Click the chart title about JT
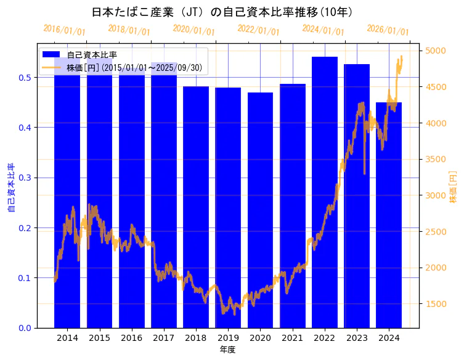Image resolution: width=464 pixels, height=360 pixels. coord(222,12)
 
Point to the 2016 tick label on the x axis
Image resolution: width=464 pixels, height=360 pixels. coord(132,338)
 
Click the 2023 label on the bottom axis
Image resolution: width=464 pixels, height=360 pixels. coord(357,338)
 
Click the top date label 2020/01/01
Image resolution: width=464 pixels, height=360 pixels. coord(193,30)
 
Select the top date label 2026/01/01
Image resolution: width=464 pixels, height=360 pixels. coord(388,30)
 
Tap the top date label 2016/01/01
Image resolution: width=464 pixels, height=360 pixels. coord(64,30)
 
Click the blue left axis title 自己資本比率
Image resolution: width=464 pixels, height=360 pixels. coord(11,187)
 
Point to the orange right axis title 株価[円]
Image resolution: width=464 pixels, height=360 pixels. coord(453,187)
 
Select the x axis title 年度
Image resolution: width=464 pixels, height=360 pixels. coord(227,350)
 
